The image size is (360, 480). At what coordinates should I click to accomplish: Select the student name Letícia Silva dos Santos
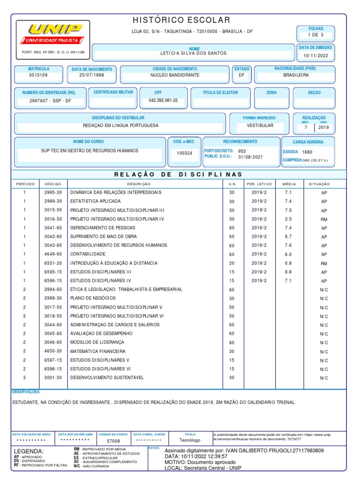(x=194, y=53)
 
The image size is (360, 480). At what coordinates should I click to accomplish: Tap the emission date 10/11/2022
(x=315, y=56)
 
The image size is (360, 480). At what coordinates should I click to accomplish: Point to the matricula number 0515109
(x=38, y=75)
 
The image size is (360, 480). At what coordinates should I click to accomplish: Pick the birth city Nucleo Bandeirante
(x=174, y=75)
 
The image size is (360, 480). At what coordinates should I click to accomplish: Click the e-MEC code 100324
(x=184, y=153)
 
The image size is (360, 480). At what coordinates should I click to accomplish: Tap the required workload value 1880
(x=307, y=152)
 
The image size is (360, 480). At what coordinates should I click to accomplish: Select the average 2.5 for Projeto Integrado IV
(x=288, y=219)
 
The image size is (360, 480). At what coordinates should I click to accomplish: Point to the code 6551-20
(x=53, y=263)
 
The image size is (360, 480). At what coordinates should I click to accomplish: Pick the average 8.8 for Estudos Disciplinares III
(x=288, y=272)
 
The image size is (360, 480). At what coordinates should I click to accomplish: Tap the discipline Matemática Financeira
(x=97, y=351)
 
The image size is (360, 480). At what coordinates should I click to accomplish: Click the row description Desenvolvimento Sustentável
(x=107, y=377)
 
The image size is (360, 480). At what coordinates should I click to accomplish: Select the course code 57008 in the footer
(x=113, y=441)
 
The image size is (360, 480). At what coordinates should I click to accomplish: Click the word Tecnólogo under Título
(x=190, y=441)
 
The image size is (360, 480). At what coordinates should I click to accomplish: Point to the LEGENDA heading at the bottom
(x=29, y=451)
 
